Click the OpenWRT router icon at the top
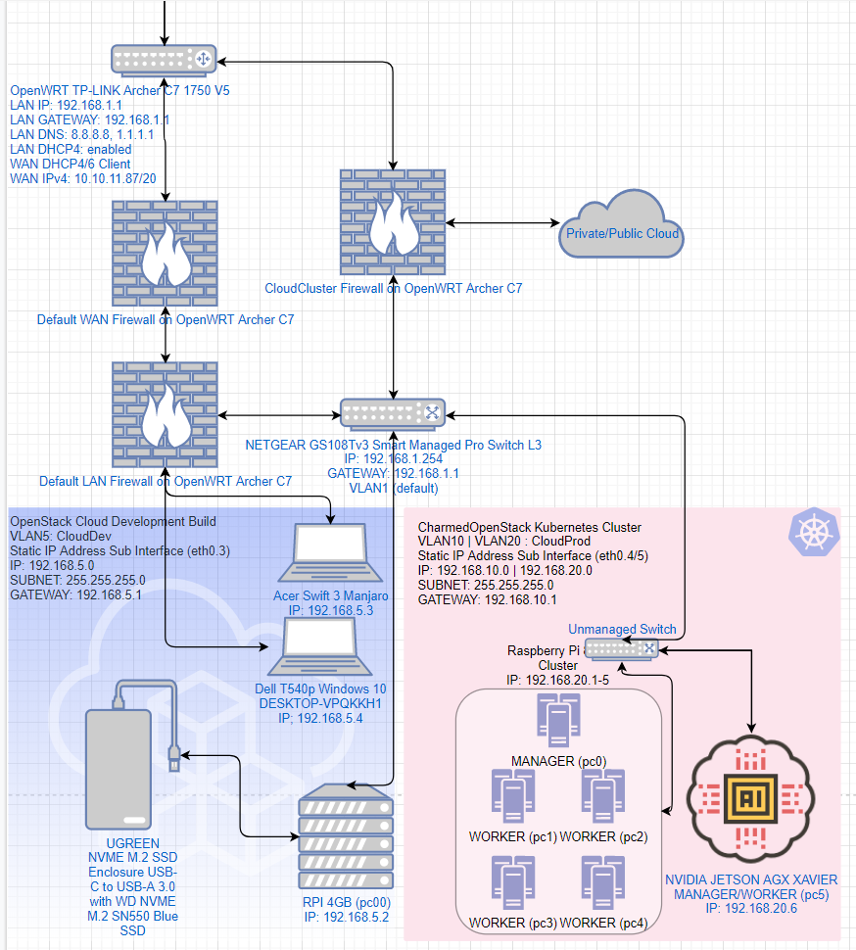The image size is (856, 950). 163,60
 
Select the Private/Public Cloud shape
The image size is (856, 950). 622,225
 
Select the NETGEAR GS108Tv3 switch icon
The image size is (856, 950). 393,413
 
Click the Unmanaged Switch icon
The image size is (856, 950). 623,647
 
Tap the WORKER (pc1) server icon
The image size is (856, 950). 513,796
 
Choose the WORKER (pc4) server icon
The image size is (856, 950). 601,883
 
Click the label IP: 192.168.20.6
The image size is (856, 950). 750,909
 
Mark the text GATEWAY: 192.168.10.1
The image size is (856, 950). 487,599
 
